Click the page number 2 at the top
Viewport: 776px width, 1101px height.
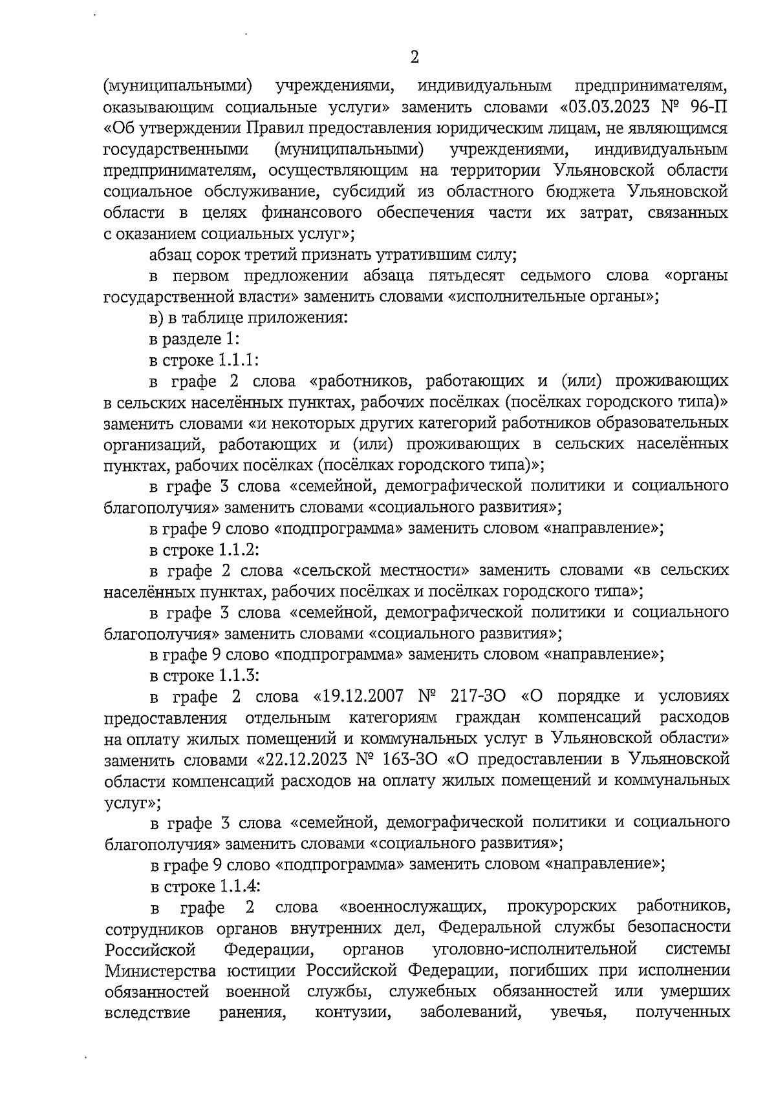pos(415,58)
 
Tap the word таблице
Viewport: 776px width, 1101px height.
pos(211,317)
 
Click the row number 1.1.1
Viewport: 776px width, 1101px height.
pos(237,359)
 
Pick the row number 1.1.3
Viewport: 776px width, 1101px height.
pos(237,675)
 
